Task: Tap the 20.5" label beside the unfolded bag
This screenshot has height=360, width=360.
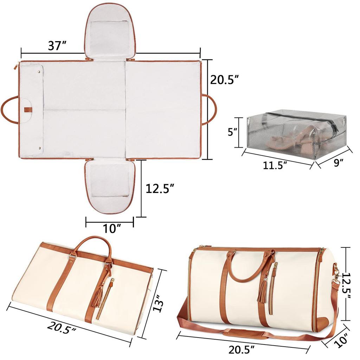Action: [x=225, y=79]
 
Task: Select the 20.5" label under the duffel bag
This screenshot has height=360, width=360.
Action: [x=242, y=350]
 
